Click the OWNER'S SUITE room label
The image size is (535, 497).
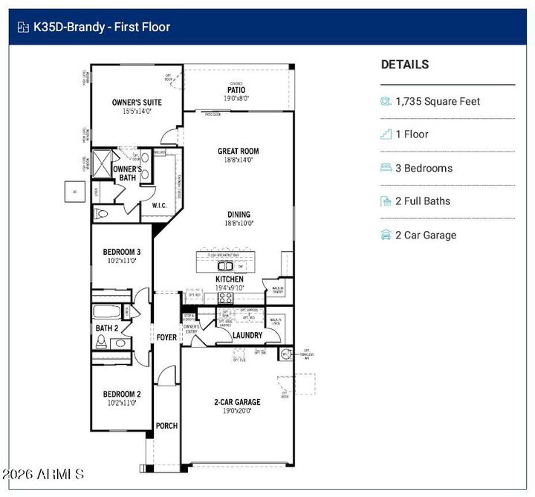[x=137, y=103]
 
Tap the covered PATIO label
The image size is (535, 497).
[x=236, y=90]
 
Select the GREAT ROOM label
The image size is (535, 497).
[x=238, y=151]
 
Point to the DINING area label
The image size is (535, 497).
[x=239, y=214]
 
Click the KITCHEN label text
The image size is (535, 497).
[x=229, y=279]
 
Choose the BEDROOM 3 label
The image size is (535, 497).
[x=121, y=252]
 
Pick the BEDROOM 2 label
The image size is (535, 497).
[x=121, y=394]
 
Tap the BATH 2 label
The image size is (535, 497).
[x=106, y=328]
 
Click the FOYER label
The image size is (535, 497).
[x=167, y=337]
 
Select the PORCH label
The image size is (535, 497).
[x=166, y=426]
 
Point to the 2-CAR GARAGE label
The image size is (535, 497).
[x=237, y=402]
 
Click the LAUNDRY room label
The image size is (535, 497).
[x=247, y=335]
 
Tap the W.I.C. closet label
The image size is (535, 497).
[x=159, y=205]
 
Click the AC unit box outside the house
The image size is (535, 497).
[x=74, y=191]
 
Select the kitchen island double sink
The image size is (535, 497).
[x=225, y=265]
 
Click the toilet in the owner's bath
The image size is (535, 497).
[x=103, y=213]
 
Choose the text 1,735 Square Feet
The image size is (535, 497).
[x=438, y=101]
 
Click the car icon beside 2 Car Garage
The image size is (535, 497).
[x=386, y=235]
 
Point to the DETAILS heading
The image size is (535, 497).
[x=404, y=65]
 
